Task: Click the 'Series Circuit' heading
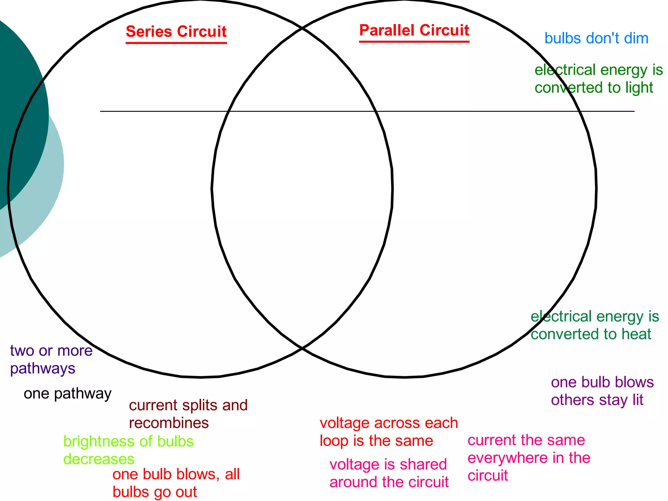point(176,32)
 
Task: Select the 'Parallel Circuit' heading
point(414,31)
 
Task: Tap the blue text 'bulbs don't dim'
point(596,38)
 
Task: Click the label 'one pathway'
point(68,394)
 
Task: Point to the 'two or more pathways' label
point(51,359)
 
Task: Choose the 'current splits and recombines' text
point(188,414)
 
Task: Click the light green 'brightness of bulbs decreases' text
point(128,450)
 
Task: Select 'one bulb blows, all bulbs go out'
point(176,483)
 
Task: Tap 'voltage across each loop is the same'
point(388,432)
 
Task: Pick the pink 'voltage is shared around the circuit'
point(389,473)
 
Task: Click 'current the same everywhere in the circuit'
point(529,458)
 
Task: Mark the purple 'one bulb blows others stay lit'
point(602,391)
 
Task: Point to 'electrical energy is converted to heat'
point(595,325)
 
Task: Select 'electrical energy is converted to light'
point(599,79)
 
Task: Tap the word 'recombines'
point(169,423)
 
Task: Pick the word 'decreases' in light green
point(99,459)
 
